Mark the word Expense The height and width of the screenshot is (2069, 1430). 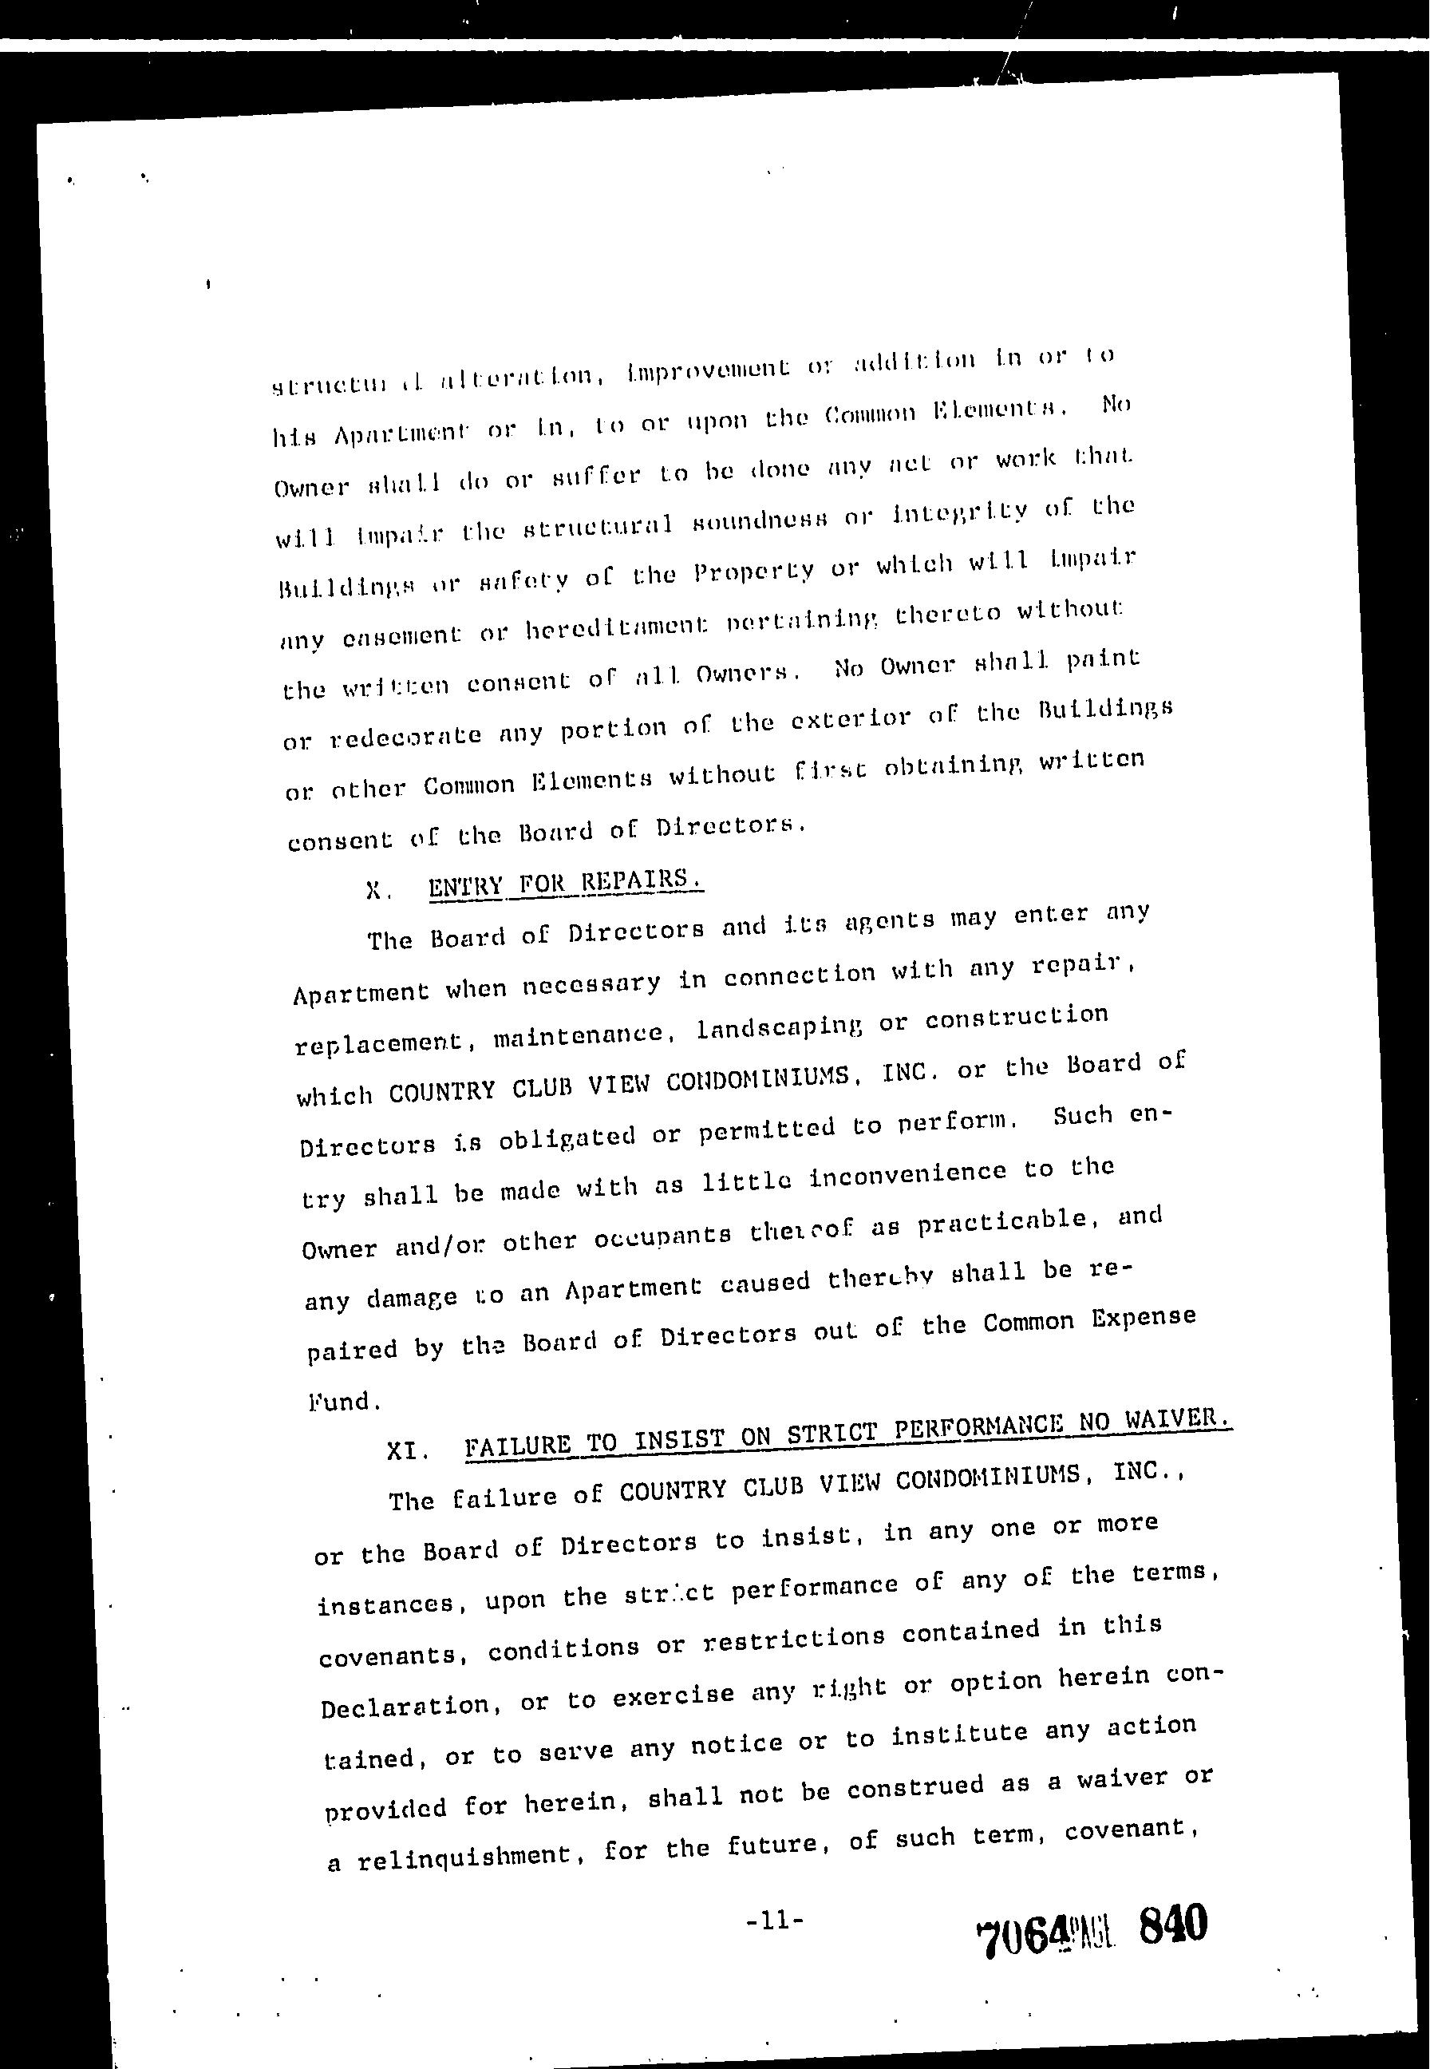1144,1317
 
